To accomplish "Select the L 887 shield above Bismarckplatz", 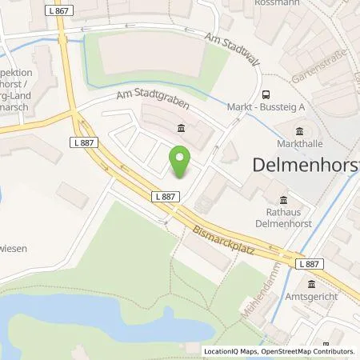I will click(165, 196).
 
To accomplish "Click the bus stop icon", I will click(265, 94).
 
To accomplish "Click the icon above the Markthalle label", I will click(300, 132).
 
